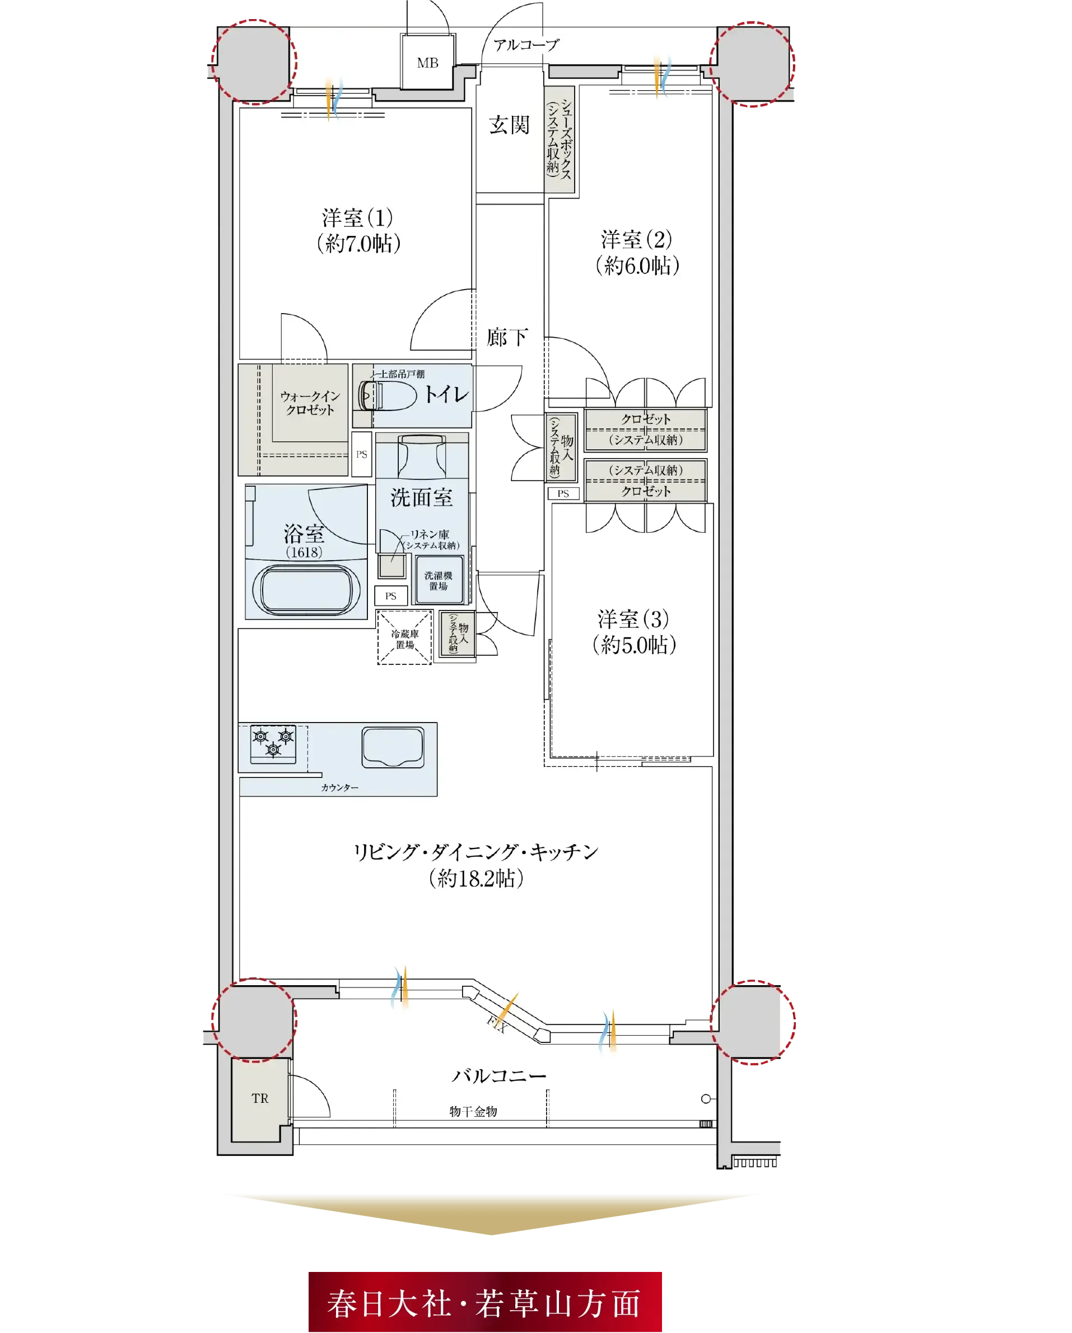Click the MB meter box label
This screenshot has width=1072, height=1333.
pos(427,63)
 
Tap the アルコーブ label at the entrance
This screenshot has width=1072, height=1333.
pos(526,44)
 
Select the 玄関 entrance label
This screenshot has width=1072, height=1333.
pos(509,125)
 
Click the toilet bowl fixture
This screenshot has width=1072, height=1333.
pos(388,395)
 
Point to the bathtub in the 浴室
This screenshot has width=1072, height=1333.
pos(306,589)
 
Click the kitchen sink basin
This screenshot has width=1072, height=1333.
pos(393,747)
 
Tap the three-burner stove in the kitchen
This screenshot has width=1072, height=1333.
pos(273,744)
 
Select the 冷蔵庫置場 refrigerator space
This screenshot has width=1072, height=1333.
pos(404,637)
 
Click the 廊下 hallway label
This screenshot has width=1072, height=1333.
pos(507,337)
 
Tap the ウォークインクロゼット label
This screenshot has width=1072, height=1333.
pos(310,403)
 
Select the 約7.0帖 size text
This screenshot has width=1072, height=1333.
pos(358,244)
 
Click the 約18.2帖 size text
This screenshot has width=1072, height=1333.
pos(476,878)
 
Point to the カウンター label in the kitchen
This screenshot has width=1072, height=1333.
pos(339,787)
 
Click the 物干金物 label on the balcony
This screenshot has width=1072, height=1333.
pos(473,1111)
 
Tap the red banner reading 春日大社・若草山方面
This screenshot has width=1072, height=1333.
pos(484,1301)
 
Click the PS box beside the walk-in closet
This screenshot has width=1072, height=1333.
pos(362,454)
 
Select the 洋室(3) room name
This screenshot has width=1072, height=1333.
pos(633,619)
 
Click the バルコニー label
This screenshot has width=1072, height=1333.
pos(499,1076)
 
